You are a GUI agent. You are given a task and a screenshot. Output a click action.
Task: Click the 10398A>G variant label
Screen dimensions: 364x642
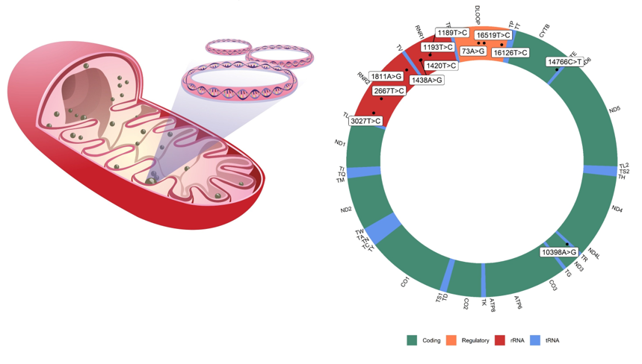pos(559,252)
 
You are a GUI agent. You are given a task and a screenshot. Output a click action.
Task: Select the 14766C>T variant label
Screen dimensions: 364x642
pos(564,62)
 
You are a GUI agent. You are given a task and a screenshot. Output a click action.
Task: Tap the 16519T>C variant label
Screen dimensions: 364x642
pos(493,35)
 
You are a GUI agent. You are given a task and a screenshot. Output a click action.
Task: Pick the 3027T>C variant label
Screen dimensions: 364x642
pos(365,121)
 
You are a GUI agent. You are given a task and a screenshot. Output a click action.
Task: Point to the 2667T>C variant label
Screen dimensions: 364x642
pos(389,91)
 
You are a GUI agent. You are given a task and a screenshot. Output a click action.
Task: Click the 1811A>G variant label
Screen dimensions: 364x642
pos(386,76)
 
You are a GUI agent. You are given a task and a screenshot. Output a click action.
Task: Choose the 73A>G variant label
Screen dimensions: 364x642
pos(473,51)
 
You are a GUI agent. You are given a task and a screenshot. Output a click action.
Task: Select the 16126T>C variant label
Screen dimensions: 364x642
pos(510,53)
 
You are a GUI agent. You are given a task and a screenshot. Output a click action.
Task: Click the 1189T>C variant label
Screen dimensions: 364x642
pos(452,33)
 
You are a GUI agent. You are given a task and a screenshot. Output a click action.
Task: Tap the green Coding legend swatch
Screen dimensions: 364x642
pos(412,340)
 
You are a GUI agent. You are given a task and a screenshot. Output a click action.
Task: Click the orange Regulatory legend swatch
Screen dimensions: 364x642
pos(451,340)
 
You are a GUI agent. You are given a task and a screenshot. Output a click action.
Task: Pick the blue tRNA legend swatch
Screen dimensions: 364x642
pos(535,340)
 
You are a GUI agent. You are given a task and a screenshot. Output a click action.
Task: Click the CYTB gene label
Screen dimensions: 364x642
pos(545,31)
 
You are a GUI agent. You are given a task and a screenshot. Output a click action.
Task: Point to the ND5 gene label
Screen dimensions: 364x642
pos(614,110)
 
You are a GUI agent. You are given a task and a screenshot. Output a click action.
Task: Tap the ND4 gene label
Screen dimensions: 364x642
pos(617,209)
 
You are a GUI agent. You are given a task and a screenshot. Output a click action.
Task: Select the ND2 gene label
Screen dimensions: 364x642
pos(346,210)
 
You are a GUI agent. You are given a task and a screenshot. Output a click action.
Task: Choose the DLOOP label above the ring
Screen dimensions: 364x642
pos(478,14)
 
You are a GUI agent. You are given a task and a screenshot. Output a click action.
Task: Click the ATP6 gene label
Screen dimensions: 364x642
pos(517,301)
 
